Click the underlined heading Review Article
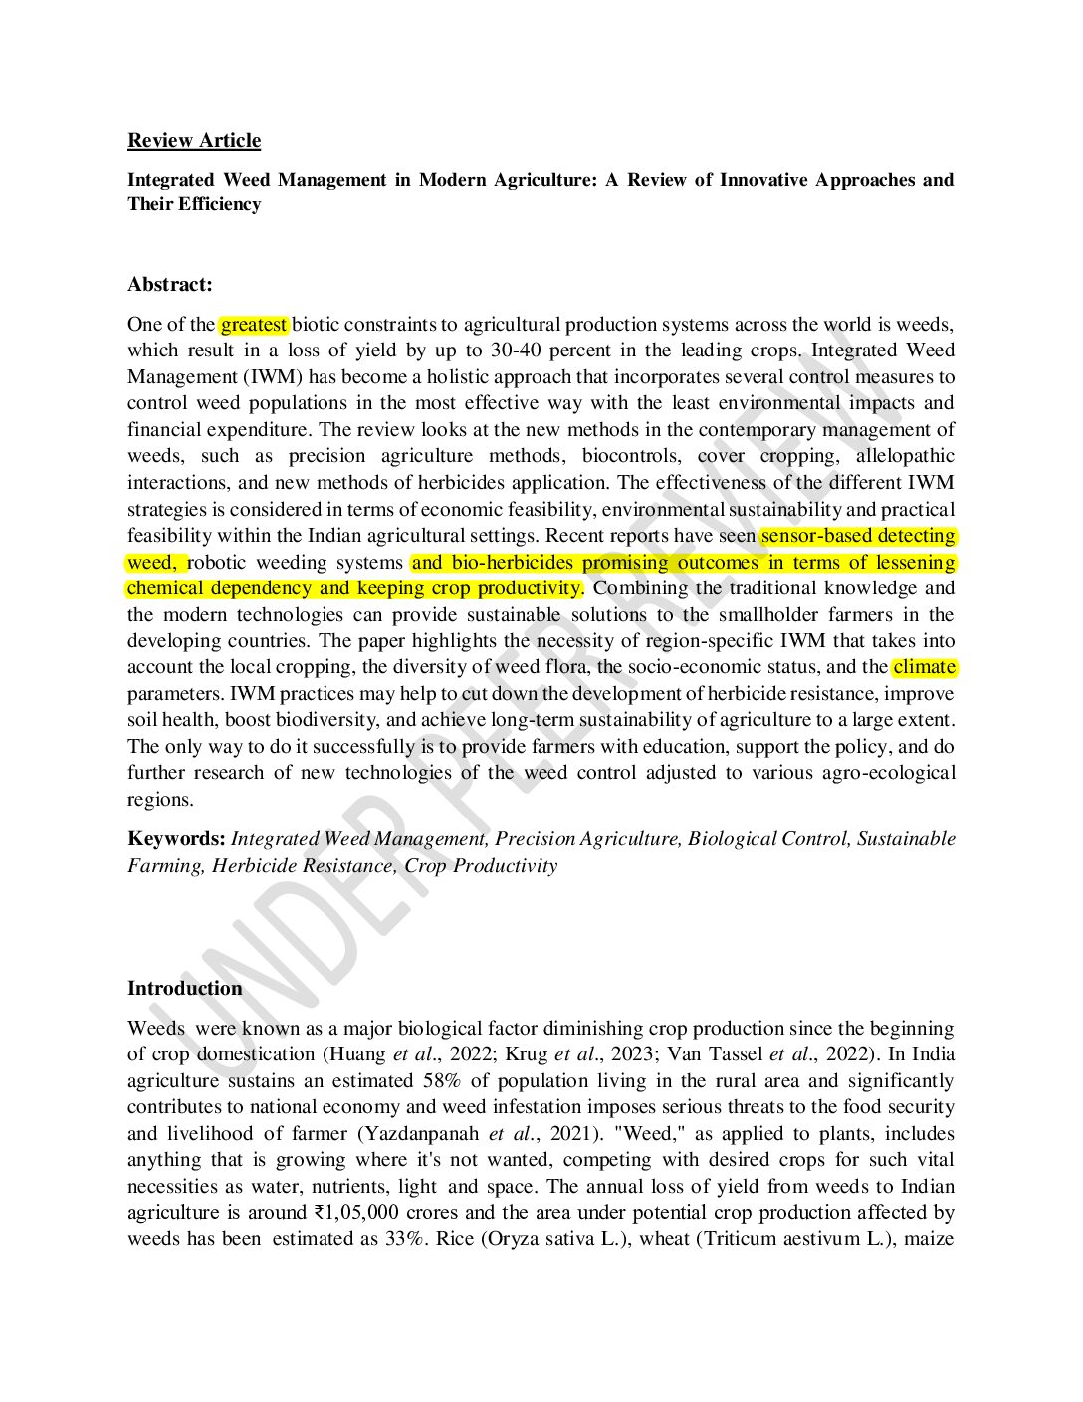(x=194, y=141)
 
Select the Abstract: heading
(x=170, y=285)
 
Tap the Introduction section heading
(x=185, y=989)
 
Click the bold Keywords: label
(x=176, y=839)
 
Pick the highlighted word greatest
(x=254, y=325)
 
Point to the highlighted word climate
(x=925, y=667)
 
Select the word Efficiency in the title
(x=220, y=204)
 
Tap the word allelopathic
(x=905, y=456)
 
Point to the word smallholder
(x=773, y=614)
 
